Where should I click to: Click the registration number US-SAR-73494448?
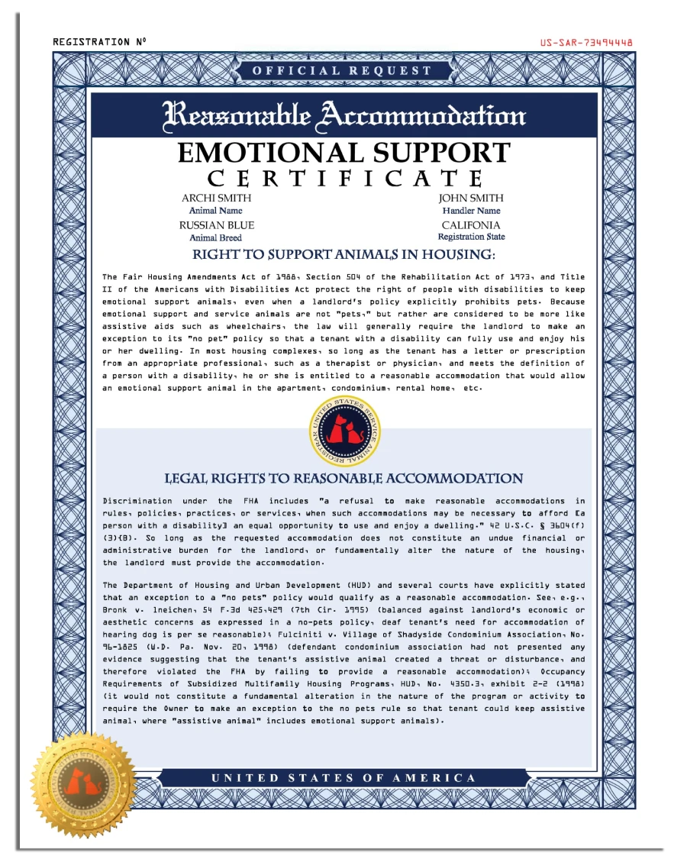coord(585,43)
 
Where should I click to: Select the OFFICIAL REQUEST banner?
coord(342,71)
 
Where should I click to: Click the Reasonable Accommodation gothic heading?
coord(344,115)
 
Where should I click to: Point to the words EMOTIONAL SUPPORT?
coord(343,153)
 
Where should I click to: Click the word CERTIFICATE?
coord(345,179)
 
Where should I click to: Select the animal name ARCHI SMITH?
coord(216,198)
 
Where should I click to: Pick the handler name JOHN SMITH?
coord(471,198)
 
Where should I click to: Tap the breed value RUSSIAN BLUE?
coord(217,225)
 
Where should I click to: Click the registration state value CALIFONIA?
coord(471,225)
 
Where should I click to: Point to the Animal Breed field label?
coord(215,237)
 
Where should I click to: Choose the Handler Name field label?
coord(471,211)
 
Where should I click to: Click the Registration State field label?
coord(471,237)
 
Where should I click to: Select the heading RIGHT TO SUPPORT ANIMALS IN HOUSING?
coord(343,255)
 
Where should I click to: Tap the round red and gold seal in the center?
coord(344,431)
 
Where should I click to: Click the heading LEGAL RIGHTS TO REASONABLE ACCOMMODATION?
coord(343,479)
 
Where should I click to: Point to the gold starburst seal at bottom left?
coord(83,783)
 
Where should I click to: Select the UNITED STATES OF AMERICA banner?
coord(343,778)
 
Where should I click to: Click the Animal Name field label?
coord(215,211)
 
